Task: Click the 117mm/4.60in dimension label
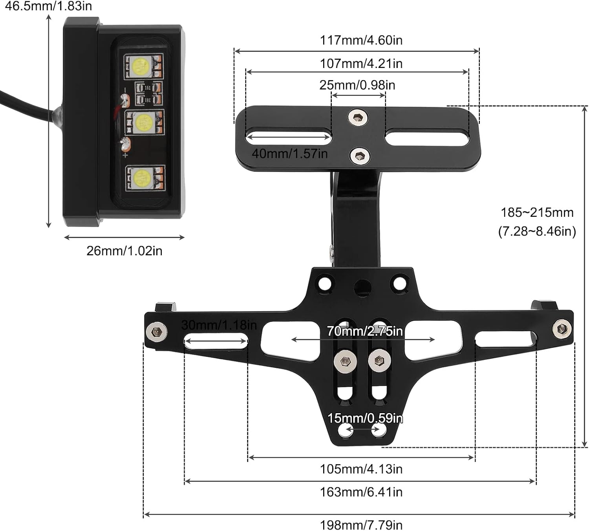[x=361, y=40]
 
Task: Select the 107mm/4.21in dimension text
[x=361, y=63]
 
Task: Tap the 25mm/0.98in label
[x=357, y=85]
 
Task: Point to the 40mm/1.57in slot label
[x=289, y=154]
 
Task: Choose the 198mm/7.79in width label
[x=361, y=525]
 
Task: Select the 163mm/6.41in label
[x=361, y=492]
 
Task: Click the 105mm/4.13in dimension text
[x=361, y=469]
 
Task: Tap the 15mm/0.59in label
[x=365, y=418]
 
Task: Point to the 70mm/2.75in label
[x=365, y=331]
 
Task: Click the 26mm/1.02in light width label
[x=124, y=251]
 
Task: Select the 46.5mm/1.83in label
[x=48, y=6]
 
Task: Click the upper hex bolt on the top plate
[x=358, y=117]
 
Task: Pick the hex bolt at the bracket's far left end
[x=157, y=332]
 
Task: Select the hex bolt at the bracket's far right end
[x=562, y=328]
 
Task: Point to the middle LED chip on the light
[x=144, y=122]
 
